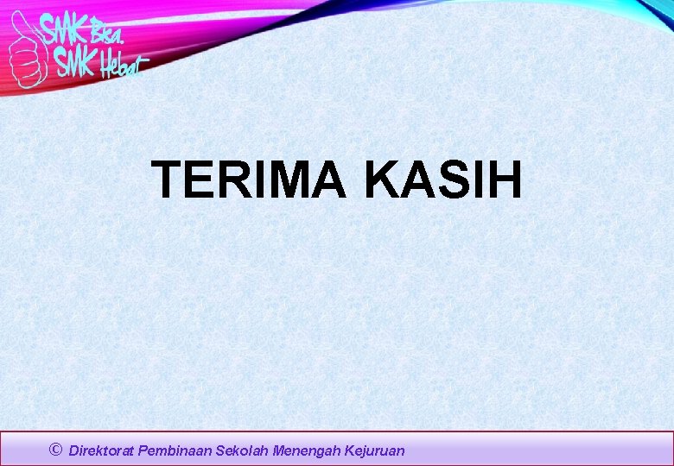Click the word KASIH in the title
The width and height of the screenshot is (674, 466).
point(443,179)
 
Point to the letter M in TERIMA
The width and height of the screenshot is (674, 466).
point(301,179)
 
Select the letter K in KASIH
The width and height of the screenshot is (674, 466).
point(382,179)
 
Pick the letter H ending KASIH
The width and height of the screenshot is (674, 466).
point(505,179)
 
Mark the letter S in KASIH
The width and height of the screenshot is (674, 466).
point(451,179)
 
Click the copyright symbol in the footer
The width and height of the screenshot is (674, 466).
point(56,450)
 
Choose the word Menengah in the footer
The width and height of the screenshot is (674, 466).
point(307,450)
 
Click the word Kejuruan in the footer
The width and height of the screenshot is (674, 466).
point(374,450)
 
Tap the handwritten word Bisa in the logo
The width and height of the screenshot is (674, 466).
point(109,34)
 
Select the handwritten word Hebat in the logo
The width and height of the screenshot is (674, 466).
point(123,66)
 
